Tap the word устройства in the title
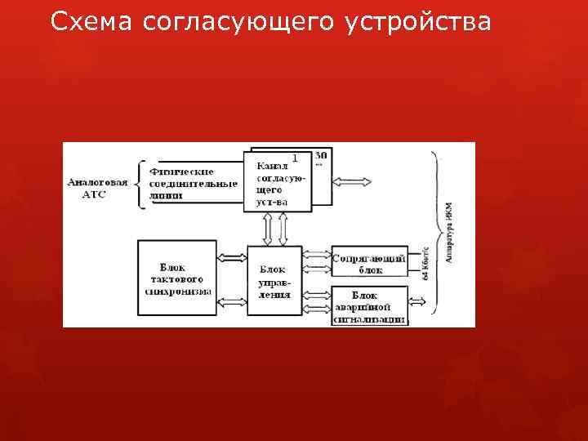[418, 23]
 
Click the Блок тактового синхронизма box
[177, 278]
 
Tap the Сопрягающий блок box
[370, 262]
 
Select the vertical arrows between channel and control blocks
[279, 228]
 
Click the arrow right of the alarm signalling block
[416, 303]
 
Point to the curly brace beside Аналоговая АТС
[144, 184]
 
